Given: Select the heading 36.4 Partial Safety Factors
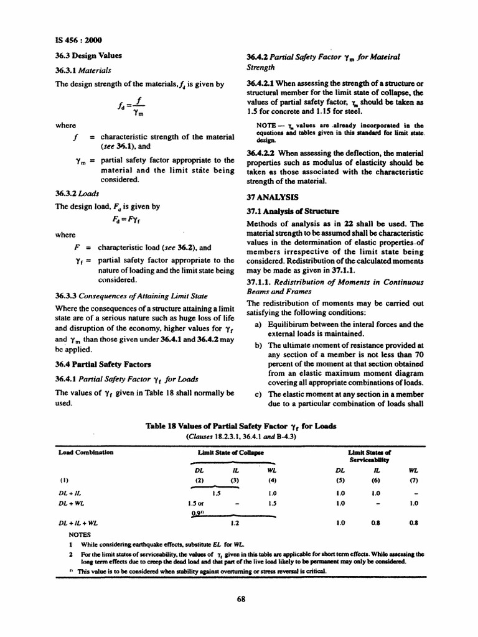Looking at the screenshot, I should [100, 363].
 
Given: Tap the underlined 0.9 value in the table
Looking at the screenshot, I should [196, 513].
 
